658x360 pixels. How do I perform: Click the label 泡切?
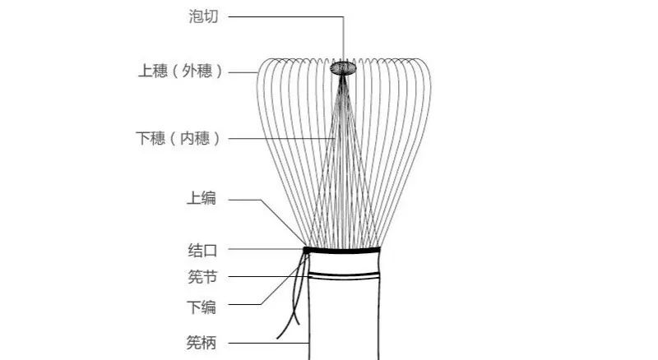pyautogui.click(x=203, y=16)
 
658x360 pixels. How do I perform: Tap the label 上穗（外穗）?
pyautogui.click(x=180, y=71)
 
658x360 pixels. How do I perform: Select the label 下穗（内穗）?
pyautogui.click(x=178, y=138)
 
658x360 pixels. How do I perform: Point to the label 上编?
pyautogui.click(x=202, y=198)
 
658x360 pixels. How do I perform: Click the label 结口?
pyautogui.click(x=202, y=251)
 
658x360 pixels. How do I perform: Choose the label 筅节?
pyautogui.click(x=202, y=277)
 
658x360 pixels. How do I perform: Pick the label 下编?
pyautogui.click(x=202, y=307)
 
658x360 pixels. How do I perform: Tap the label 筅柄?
pyautogui.click(x=202, y=343)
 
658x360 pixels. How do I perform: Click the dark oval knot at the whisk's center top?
pyautogui.click(x=343, y=68)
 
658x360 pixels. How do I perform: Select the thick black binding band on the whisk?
pyautogui.click(x=341, y=251)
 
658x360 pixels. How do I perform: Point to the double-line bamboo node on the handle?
pyautogui.click(x=344, y=275)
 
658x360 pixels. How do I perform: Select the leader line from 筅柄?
pyautogui.click(x=269, y=344)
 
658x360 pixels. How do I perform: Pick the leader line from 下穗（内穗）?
pyautogui.click(x=281, y=138)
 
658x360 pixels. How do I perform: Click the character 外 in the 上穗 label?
pyautogui.click(x=189, y=71)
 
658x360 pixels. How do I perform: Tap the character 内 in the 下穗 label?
pyautogui.click(x=188, y=138)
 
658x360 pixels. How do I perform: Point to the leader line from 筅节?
pyautogui.click(x=269, y=276)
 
